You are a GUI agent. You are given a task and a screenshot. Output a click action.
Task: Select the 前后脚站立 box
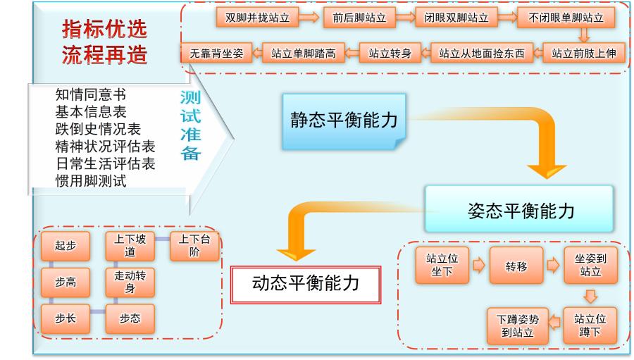point(357,18)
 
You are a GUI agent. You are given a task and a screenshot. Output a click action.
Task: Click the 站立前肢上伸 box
point(584,53)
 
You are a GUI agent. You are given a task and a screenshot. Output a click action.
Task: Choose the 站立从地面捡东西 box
point(482,53)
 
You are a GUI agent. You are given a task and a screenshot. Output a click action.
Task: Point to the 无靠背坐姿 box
point(213,53)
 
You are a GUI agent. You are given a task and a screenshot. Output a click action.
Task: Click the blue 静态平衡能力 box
point(344,120)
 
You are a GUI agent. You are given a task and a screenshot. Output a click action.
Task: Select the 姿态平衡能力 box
point(520,209)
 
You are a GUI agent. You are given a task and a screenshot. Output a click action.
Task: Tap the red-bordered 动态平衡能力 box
point(306,283)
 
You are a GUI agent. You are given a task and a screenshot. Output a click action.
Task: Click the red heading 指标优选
point(105,30)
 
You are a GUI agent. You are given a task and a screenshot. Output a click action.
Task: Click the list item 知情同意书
point(95,94)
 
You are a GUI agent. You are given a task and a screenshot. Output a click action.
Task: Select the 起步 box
point(66,246)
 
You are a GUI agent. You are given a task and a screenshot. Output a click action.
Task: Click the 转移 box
point(516,266)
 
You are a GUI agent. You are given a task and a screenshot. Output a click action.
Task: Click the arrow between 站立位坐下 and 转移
point(478,266)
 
